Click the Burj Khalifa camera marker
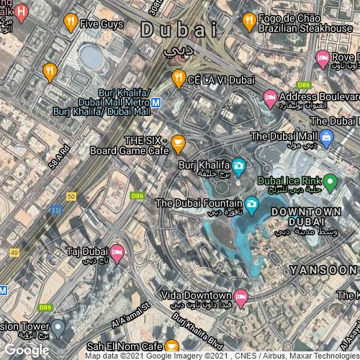[239, 167]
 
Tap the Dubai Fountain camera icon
[251, 206]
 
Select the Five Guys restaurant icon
[70, 23]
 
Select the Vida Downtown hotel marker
[241, 296]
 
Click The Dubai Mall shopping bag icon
[326, 137]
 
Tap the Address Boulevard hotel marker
[270, 96]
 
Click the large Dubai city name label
[179, 30]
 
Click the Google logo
[27, 350]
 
